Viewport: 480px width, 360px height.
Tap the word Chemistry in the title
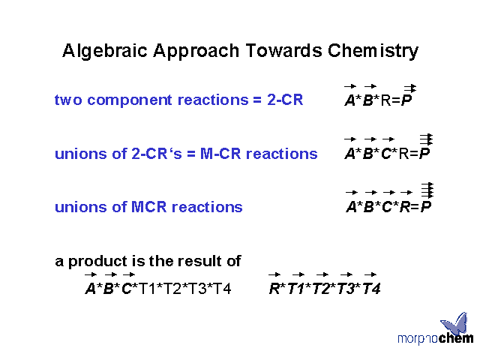pyautogui.click(x=373, y=51)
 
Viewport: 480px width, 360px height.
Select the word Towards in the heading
pyautogui.click(x=283, y=50)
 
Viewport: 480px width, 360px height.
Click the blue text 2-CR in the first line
pyautogui.click(x=285, y=100)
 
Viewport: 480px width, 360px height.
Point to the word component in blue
pyautogui.click(x=130, y=100)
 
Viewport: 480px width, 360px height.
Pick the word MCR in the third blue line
pyautogui.click(x=148, y=207)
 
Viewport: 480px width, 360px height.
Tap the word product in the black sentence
pyautogui.click(x=97, y=262)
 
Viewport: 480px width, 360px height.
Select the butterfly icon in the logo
pyautogui.click(x=455, y=323)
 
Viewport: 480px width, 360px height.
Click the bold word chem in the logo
pyautogui.click(x=456, y=338)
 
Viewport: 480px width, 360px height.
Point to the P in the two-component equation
pyautogui.click(x=406, y=100)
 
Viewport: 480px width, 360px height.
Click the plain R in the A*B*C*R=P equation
pyautogui.click(x=404, y=153)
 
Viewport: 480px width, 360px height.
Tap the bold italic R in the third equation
pyautogui.click(x=405, y=207)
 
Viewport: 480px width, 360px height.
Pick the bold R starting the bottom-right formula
pyautogui.click(x=274, y=289)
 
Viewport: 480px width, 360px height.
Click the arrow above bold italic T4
pyautogui.click(x=370, y=274)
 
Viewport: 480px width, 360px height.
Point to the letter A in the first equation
pyautogui.click(x=350, y=100)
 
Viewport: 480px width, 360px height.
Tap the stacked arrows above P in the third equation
pyautogui.click(x=427, y=190)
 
